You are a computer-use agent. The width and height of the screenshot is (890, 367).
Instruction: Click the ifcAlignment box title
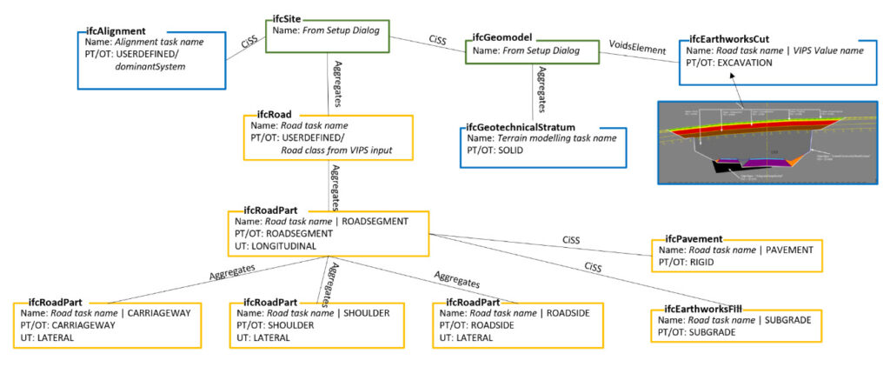click(x=116, y=29)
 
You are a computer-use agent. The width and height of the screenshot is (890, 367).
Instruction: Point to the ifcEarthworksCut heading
click(x=733, y=38)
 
